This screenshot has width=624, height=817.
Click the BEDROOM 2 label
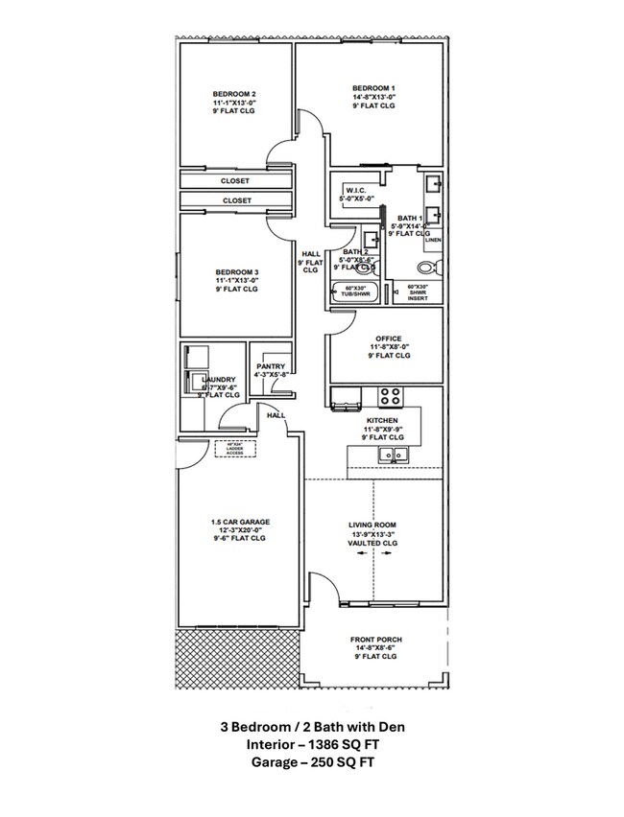(x=234, y=94)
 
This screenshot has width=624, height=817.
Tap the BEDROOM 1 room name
(x=372, y=87)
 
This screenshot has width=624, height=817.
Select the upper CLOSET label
(x=235, y=180)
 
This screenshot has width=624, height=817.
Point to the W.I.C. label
(x=357, y=190)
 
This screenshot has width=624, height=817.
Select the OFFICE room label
(x=387, y=338)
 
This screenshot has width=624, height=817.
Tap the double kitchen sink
(x=393, y=455)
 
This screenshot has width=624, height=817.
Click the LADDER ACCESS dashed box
(x=236, y=449)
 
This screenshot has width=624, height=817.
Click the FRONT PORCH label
(x=375, y=640)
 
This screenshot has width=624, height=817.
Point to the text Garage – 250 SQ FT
(x=311, y=762)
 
